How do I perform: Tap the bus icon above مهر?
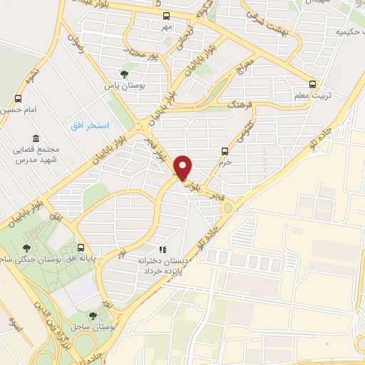(166, 16)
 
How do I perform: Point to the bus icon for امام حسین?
(17, 98)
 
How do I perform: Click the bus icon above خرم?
(225, 150)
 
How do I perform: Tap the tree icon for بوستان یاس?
(125, 73)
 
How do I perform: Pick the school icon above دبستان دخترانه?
(163, 250)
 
